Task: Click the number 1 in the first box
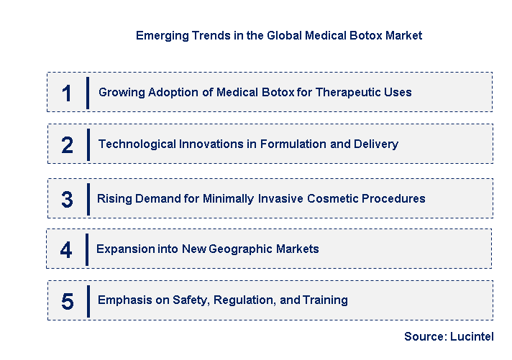point(67,93)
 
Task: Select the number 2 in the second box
point(67,145)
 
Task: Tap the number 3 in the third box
point(67,199)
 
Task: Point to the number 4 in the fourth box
point(66,250)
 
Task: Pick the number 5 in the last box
point(67,301)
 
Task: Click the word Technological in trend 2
point(134,144)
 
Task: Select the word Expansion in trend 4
point(124,249)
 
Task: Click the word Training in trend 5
point(325,300)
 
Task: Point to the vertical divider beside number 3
point(88,198)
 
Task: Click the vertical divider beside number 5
point(88,300)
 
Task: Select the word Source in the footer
point(425,336)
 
